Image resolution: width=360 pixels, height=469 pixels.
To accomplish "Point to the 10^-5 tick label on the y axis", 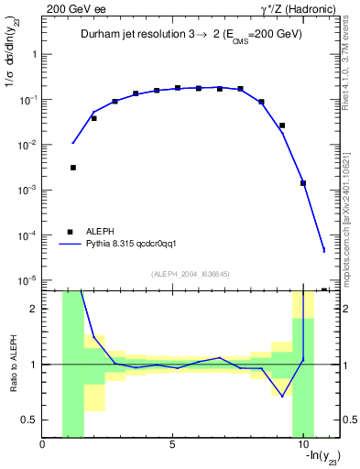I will (x=26, y=280).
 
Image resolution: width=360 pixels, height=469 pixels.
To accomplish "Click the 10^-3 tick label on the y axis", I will (x=26, y=190).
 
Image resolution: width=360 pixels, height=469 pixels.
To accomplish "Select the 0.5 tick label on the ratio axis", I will (x=28, y=420).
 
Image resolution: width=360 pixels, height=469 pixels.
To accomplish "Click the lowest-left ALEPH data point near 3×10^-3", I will (x=72, y=168).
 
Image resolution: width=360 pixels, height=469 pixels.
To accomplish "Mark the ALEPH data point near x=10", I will (x=302, y=183).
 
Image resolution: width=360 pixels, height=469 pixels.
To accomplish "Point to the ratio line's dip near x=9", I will (x=282, y=396).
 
